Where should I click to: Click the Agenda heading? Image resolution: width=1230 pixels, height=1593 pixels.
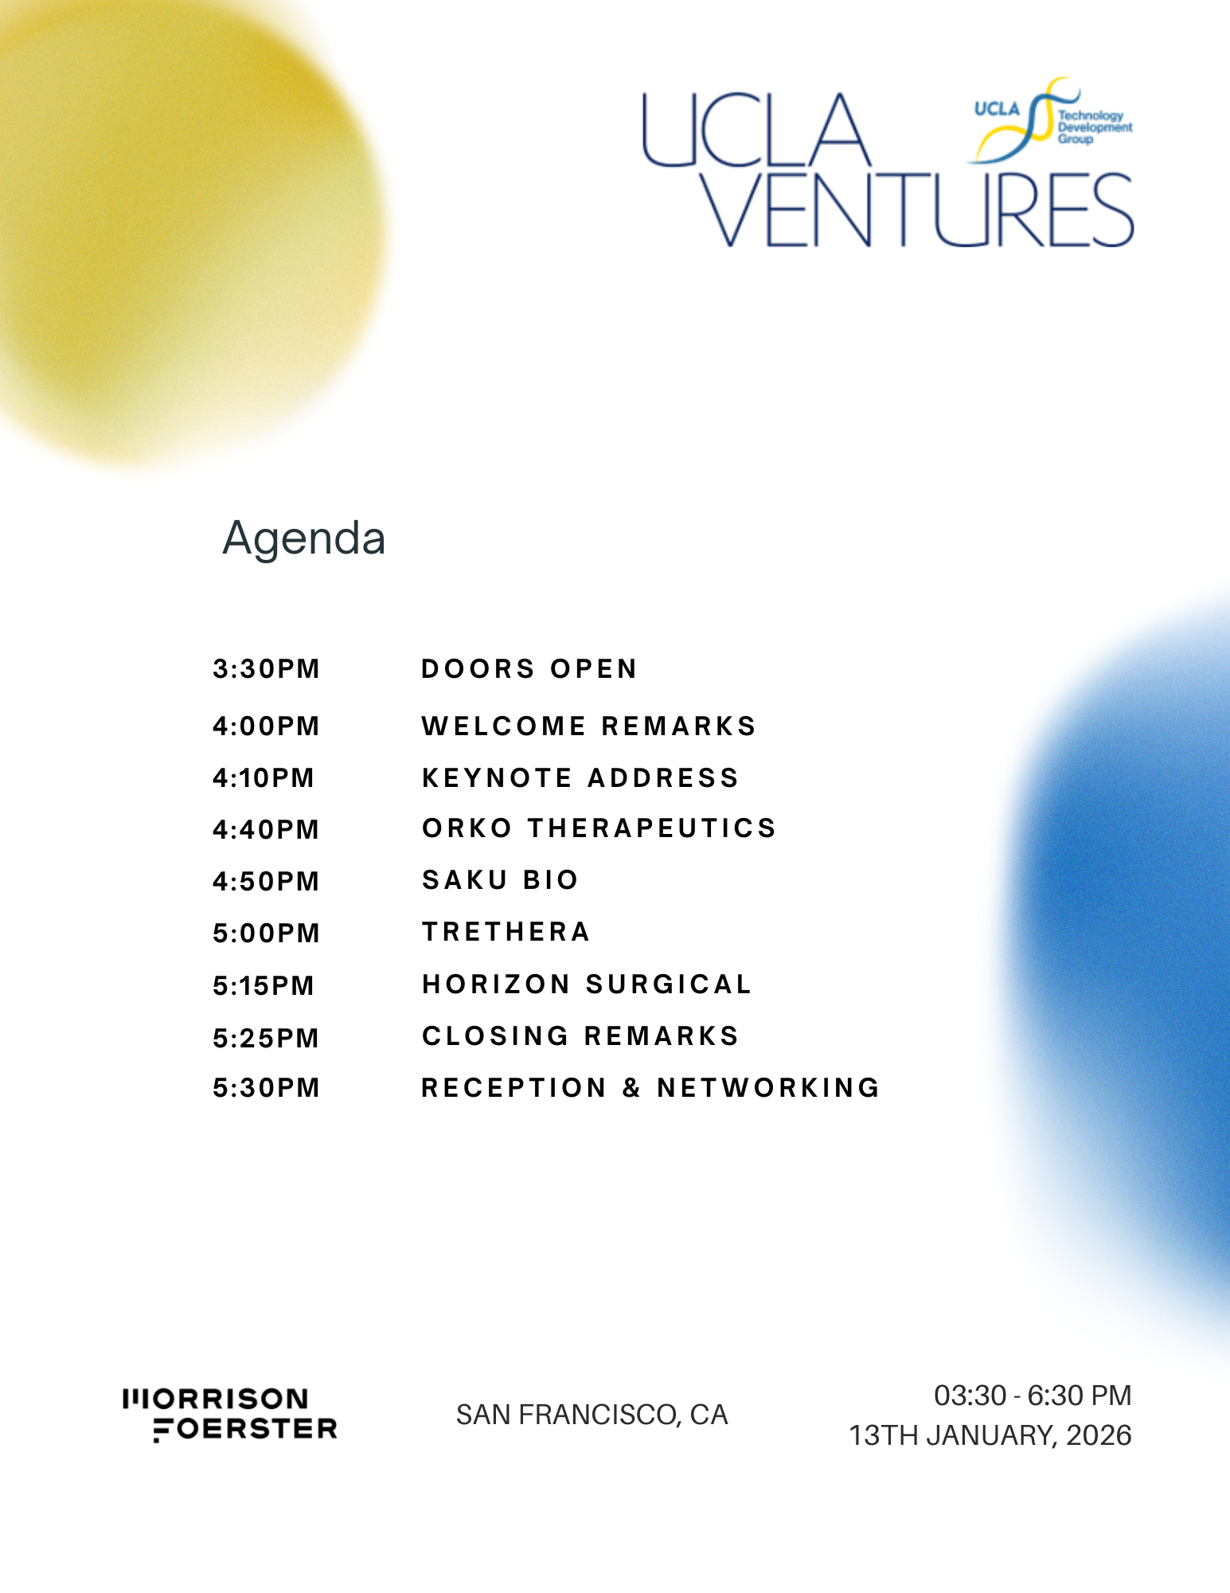click(304, 539)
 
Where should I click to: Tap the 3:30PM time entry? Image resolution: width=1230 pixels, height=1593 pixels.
click(266, 669)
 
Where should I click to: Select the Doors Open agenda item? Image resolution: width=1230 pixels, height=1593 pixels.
click(529, 669)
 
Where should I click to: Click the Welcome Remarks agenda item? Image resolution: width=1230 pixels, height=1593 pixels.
click(588, 726)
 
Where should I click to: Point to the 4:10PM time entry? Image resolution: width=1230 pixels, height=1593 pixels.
click(264, 778)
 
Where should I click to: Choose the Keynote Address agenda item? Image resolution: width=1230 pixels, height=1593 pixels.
click(580, 778)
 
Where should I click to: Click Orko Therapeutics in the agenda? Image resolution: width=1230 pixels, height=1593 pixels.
click(599, 828)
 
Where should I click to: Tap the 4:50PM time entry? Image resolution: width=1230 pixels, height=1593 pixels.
click(266, 882)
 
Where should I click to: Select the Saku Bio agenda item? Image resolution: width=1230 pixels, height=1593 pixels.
click(500, 880)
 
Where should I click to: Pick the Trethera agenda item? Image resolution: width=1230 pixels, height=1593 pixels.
click(506, 932)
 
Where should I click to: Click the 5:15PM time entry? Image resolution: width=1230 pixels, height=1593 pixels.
click(264, 986)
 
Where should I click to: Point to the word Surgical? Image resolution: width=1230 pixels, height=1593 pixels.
click(669, 984)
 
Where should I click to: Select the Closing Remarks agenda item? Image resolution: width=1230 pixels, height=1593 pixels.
click(580, 1036)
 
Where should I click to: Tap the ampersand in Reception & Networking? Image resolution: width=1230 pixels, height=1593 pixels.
click(632, 1088)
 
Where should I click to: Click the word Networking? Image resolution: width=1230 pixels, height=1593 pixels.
click(768, 1088)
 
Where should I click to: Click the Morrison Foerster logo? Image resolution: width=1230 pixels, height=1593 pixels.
click(230, 1415)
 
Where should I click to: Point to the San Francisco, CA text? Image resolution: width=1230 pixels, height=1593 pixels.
click(592, 1415)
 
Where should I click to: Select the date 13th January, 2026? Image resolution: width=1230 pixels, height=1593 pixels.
click(990, 1435)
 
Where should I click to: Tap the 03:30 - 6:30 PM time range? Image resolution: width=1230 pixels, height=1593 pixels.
click(1033, 1395)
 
